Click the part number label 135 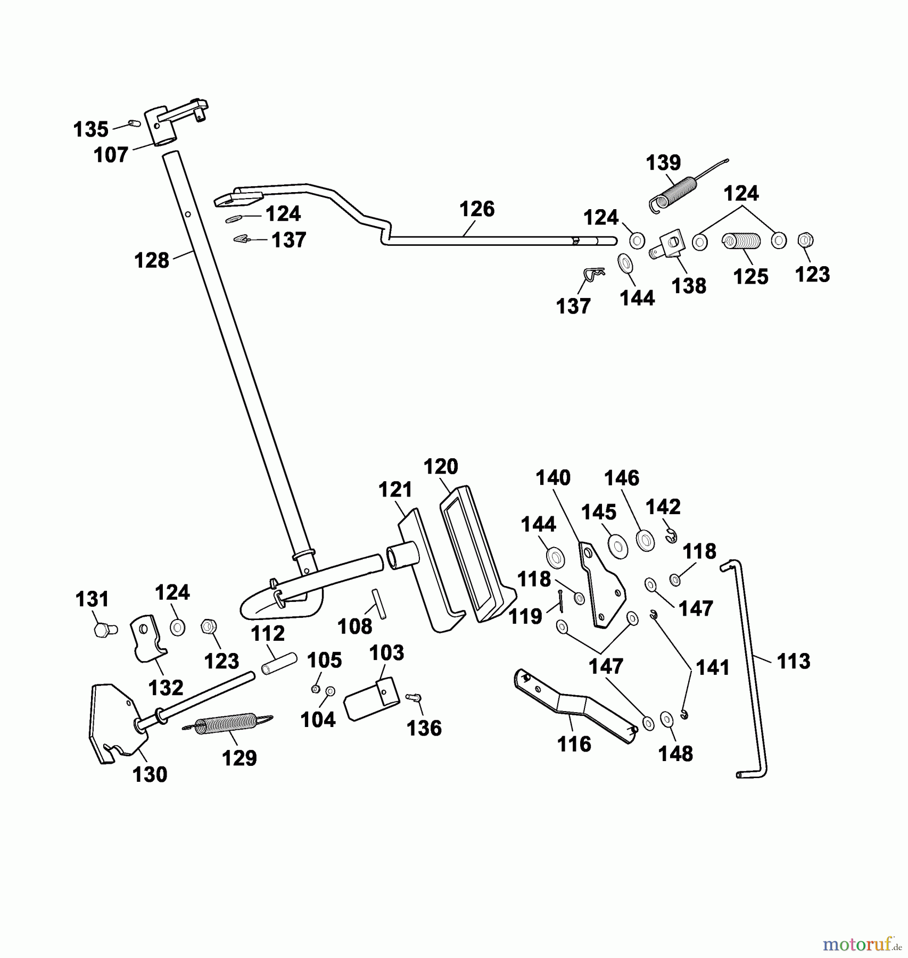point(90,129)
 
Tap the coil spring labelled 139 point(674,195)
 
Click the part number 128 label point(151,261)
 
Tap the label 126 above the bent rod point(477,209)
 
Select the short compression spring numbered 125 point(741,241)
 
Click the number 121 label point(395,490)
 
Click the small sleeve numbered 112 point(279,663)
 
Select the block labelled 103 point(371,699)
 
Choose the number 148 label point(675,754)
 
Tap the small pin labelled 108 point(379,603)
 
